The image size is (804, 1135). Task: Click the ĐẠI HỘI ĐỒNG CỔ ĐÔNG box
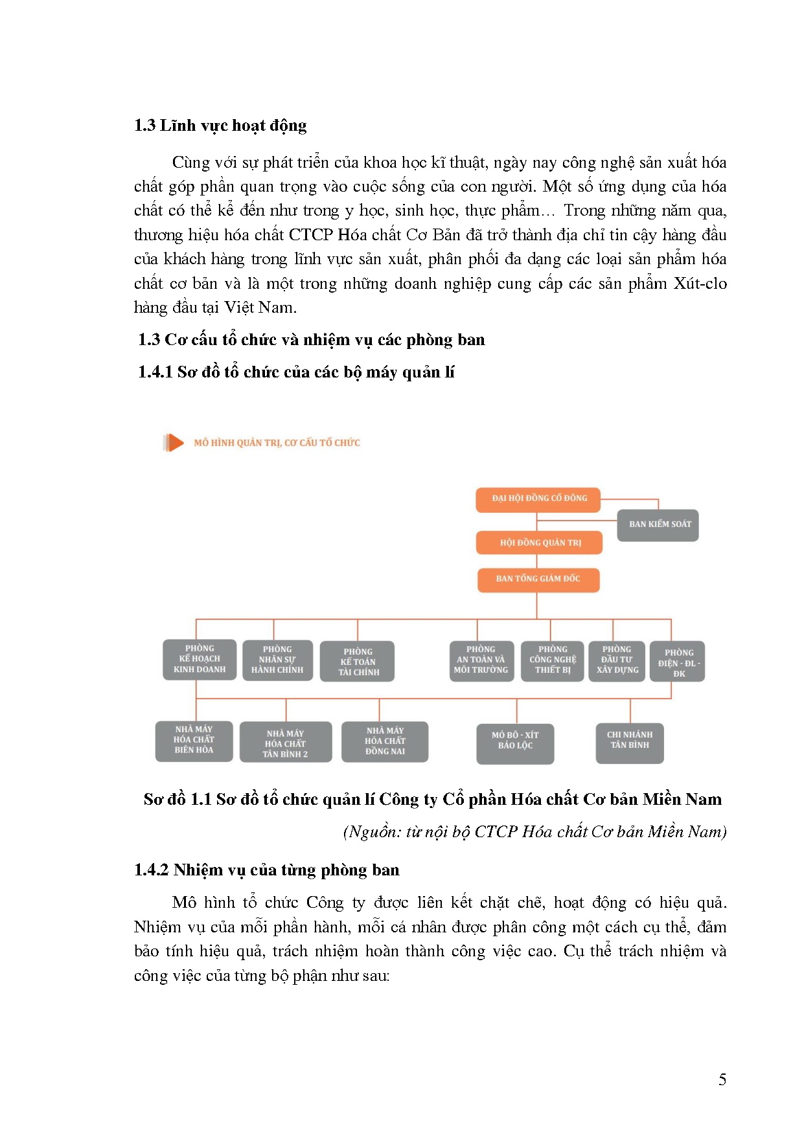538,499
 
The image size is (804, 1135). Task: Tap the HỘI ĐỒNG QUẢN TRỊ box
540,543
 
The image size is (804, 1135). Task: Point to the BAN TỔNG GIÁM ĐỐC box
538,579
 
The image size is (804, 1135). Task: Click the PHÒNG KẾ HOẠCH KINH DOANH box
199,659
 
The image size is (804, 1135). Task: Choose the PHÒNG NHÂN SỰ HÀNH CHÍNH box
277,660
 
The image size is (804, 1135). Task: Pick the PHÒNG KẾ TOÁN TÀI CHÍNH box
358,662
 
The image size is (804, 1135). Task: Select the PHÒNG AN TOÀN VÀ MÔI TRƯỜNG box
481,660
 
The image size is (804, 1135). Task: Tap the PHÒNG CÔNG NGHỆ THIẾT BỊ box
553,660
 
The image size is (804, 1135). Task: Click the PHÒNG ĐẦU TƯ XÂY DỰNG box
617,660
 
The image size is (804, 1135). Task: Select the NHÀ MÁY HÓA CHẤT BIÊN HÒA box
194,740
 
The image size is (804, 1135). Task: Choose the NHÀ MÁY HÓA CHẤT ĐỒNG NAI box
385,741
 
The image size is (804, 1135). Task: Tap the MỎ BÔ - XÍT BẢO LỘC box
515,742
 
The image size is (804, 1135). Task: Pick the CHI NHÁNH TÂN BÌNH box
630,742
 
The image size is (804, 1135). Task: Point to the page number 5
722,1080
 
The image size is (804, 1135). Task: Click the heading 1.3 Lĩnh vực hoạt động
220,126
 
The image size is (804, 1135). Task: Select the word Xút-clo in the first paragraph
700,284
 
